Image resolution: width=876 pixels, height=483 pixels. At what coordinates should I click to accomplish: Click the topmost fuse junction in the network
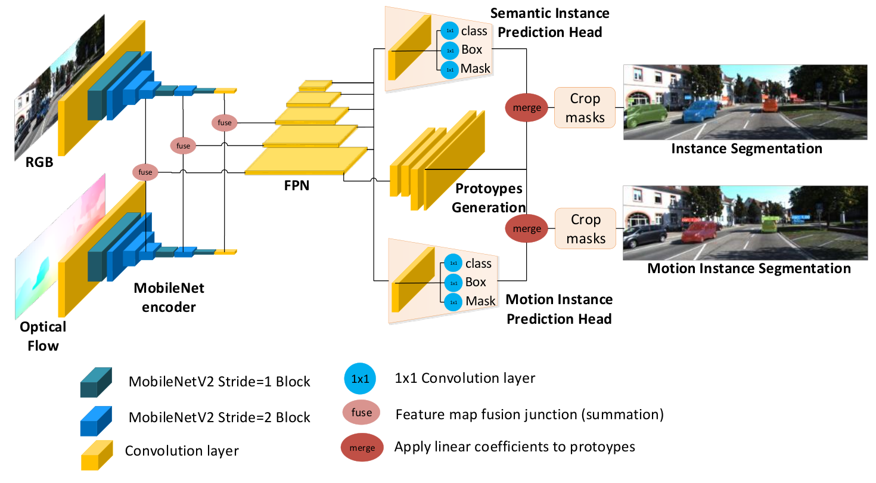click(x=225, y=122)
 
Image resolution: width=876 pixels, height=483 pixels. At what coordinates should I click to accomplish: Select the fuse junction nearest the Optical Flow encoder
click(x=145, y=172)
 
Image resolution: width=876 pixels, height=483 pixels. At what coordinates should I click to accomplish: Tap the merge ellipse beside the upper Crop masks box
click(x=526, y=108)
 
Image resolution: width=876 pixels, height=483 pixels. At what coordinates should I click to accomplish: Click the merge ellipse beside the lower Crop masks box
click(x=526, y=228)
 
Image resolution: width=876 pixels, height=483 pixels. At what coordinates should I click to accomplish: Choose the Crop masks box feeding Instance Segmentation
click(x=585, y=108)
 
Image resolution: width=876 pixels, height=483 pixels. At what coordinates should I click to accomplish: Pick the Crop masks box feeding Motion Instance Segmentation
click(x=585, y=228)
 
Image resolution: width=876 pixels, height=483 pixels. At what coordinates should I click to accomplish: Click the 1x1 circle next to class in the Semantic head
click(x=450, y=30)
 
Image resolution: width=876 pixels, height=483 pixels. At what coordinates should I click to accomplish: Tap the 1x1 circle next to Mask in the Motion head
click(x=453, y=302)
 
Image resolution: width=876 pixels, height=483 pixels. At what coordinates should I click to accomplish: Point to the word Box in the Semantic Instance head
click(x=471, y=49)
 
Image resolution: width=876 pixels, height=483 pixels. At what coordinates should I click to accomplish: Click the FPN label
click(x=296, y=185)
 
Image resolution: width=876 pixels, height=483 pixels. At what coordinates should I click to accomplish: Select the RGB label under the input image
click(x=39, y=162)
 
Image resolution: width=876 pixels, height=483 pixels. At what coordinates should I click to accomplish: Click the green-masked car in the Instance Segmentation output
click(x=645, y=115)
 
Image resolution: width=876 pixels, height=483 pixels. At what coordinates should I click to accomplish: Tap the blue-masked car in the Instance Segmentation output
click(x=701, y=111)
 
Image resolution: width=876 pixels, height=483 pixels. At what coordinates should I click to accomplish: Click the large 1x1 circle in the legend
click(x=360, y=379)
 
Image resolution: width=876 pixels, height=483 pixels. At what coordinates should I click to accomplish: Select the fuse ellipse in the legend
click(x=361, y=413)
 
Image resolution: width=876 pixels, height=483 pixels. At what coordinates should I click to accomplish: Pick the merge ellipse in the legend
click(x=362, y=447)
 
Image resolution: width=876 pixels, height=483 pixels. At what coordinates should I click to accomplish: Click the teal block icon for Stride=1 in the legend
click(x=96, y=382)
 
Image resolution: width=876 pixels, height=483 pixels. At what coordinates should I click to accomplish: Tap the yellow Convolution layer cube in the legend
click(x=97, y=455)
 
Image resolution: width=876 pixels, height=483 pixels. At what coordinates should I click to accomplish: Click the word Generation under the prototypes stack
click(x=489, y=208)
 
